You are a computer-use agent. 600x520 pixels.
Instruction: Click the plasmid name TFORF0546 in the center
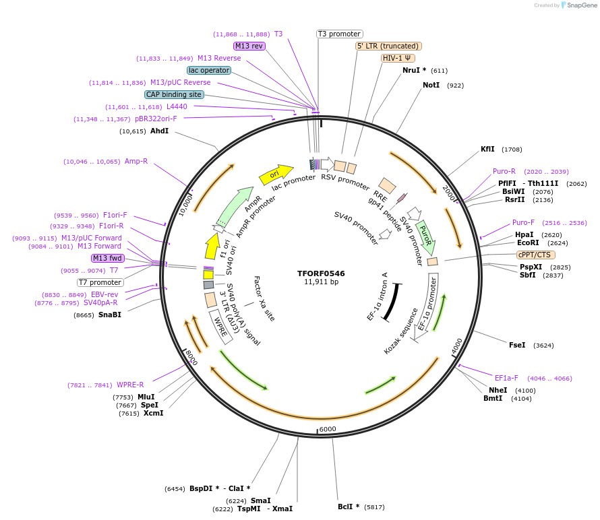(x=321, y=273)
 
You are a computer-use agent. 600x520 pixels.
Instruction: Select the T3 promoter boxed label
(x=339, y=34)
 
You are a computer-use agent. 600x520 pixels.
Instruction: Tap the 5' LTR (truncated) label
(x=388, y=46)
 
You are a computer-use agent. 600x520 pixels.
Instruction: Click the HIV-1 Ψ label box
(x=398, y=58)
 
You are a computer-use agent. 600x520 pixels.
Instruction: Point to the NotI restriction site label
(x=431, y=86)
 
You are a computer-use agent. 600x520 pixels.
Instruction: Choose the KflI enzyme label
(x=487, y=149)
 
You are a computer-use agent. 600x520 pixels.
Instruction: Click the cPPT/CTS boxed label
(x=534, y=255)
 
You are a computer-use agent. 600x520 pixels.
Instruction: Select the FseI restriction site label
(x=517, y=345)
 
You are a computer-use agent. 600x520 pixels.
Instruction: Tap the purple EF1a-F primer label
(x=506, y=378)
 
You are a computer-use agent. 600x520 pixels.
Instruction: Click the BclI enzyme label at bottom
(x=349, y=507)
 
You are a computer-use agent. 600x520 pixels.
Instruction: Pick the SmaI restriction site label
(x=260, y=500)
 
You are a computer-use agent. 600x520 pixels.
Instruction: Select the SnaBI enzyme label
(x=110, y=315)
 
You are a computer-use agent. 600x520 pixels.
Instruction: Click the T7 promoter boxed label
(x=100, y=282)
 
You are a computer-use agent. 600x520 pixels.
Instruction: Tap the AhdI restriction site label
(x=160, y=131)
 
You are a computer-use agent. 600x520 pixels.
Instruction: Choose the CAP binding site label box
(x=174, y=94)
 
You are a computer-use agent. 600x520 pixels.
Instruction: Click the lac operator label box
(x=209, y=70)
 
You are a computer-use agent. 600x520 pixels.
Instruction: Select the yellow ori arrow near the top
(x=276, y=174)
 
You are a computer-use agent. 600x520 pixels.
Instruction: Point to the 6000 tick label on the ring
(x=328, y=429)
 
